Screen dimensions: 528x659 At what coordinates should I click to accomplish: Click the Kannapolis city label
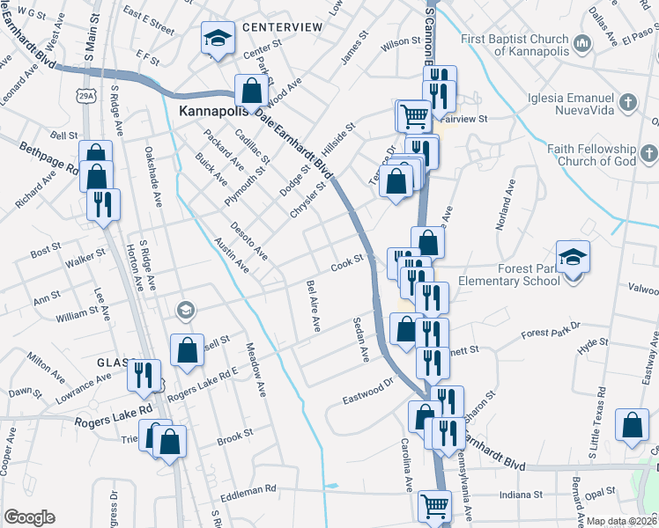tap(214, 113)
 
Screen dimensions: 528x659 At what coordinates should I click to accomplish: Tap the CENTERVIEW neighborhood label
tap(284, 27)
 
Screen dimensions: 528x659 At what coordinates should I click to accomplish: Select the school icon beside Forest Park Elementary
tap(573, 257)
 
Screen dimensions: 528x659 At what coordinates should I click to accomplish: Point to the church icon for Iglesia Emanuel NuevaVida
tap(627, 99)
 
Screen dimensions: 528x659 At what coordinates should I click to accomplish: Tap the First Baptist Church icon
tap(581, 43)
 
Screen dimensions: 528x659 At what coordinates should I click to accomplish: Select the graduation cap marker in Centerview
tap(218, 38)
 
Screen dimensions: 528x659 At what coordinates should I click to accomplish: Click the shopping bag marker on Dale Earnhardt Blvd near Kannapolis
tap(252, 90)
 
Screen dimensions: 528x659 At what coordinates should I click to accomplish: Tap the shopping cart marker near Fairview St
tap(412, 115)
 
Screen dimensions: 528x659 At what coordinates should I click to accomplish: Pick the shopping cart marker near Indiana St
tap(434, 506)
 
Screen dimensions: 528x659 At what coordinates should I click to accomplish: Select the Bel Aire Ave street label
tap(313, 305)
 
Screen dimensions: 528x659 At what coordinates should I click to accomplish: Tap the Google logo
tap(29, 517)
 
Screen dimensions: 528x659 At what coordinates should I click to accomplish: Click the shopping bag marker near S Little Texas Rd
tap(633, 426)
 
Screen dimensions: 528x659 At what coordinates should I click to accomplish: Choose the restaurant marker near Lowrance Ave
tap(144, 374)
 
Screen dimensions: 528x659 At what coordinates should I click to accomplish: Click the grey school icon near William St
tap(185, 310)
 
